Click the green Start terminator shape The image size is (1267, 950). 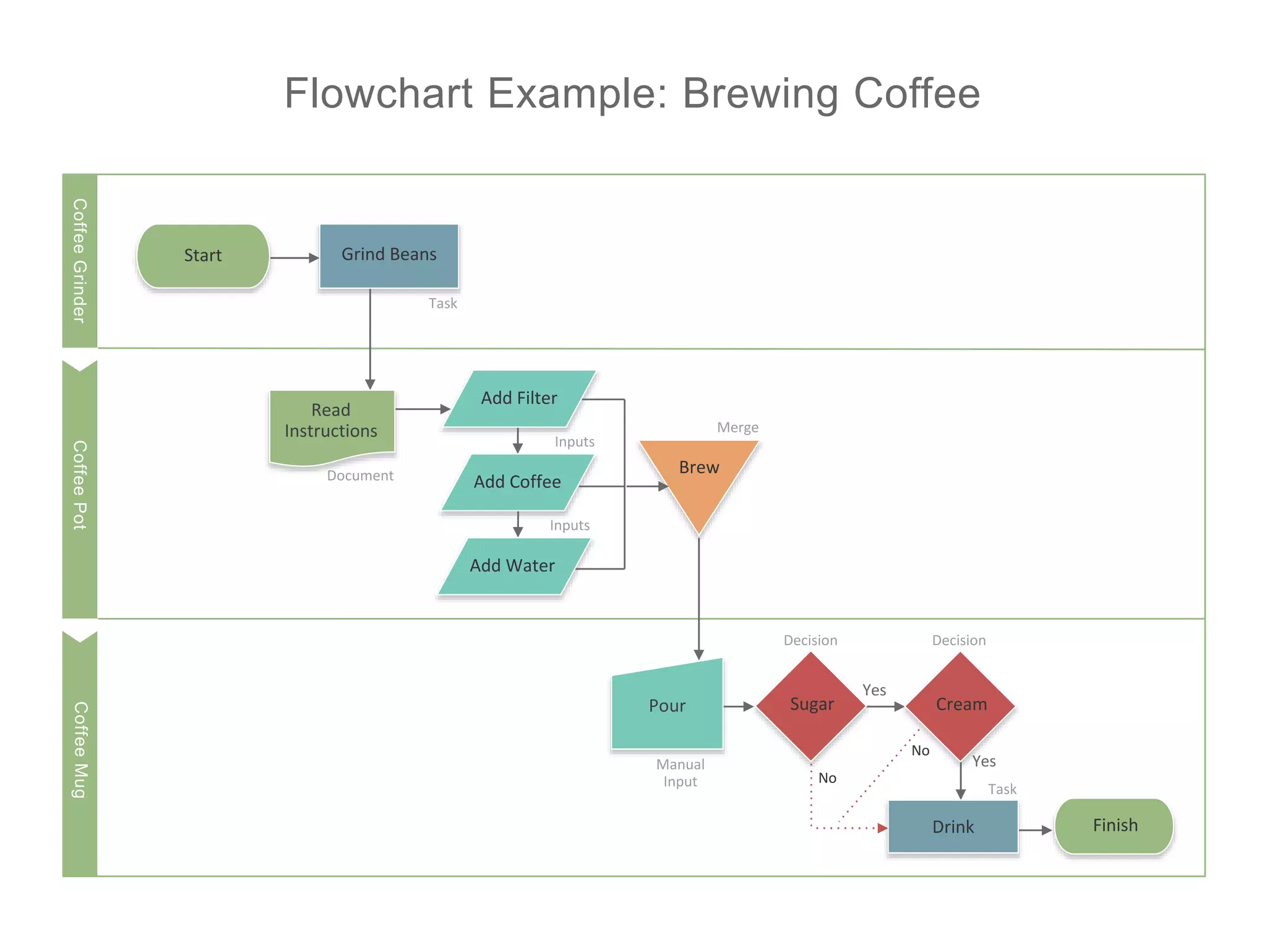pyautogui.click(x=203, y=256)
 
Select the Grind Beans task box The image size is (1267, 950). pyautogui.click(x=389, y=255)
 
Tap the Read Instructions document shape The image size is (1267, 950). pyautogui.click(x=332, y=424)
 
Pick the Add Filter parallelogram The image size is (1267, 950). pyautogui.click(x=519, y=399)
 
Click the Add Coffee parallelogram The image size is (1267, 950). pyautogui.click(x=517, y=482)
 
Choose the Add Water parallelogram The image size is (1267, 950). pyautogui.click(x=512, y=566)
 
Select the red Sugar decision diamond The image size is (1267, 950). pyautogui.click(x=811, y=705)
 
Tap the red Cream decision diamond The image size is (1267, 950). pyautogui.click(x=961, y=705)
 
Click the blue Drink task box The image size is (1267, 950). pyautogui.click(x=953, y=827)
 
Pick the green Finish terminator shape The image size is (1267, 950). pyautogui.click(x=1115, y=826)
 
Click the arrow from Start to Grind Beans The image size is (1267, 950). pyautogui.click(x=294, y=258)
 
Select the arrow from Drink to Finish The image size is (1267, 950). pyautogui.click(x=1035, y=830)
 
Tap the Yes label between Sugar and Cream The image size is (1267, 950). pyautogui.click(x=874, y=690)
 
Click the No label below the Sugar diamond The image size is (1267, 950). pyautogui.click(x=827, y=778)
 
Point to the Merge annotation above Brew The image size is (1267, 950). pyautogui.click(x=737, y=427)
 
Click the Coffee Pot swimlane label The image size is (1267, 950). pyautogui.click(x=80, y=485)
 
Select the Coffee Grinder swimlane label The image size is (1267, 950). pyautogui.click(x=80, y=260)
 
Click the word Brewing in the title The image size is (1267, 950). pyautogui.click(x=761, y=94)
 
